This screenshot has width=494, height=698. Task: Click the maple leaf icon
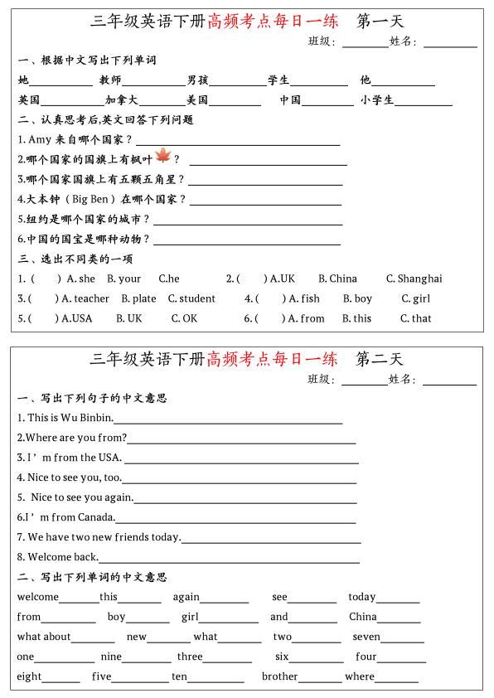(x=162, y=156)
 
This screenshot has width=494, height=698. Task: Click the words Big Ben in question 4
(x=91, y=200)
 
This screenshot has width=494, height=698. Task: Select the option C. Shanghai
(x=414, y=279)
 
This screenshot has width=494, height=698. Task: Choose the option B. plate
(x=138, y=299)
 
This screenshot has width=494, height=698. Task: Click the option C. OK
(x=184, y=319)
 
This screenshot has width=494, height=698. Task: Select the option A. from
(x=306, y=319)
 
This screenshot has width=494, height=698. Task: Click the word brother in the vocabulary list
(x=279, y=676)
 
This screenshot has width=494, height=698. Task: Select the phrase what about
(x=44, y=637)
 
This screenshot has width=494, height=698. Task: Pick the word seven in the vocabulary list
(x=366, y=637)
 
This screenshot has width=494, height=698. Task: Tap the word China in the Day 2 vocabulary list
(x=363, y=617)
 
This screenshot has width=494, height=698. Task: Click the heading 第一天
(x=380, y=21)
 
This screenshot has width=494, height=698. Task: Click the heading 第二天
(x=379, y=359)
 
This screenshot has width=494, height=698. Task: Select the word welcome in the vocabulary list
(x=38, y=597)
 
